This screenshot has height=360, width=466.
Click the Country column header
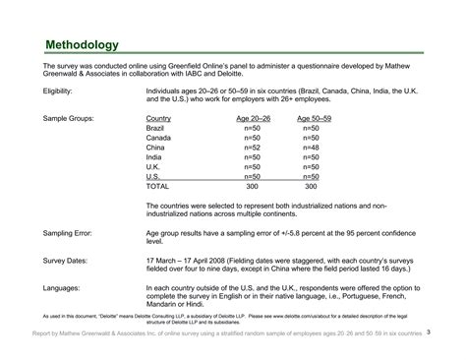[158, 119]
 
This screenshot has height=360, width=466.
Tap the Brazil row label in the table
[154, 129]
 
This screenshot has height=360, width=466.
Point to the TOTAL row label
[157, 185]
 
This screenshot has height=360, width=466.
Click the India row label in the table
[153, 157]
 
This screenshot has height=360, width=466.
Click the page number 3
[429, 332]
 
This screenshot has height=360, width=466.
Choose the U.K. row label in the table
[152, 166]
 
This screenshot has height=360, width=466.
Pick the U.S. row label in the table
[152, 176]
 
